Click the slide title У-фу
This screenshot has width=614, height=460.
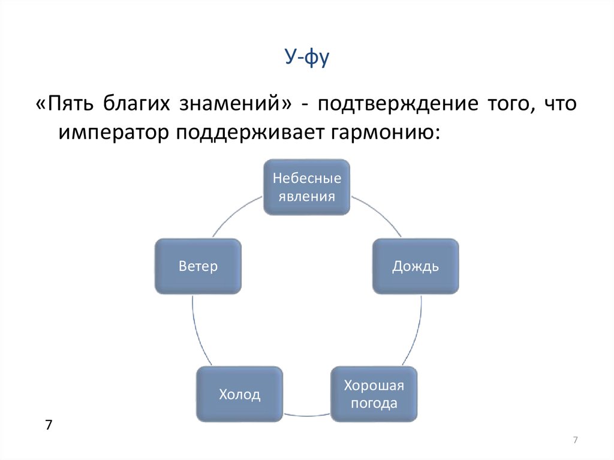coord(306,57)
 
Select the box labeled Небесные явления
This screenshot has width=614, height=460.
coord(306,187)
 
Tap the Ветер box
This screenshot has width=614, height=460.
coord(198,266)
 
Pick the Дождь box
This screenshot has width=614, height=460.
coord(416,266)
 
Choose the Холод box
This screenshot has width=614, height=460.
coord(239,394)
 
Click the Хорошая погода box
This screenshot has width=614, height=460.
coord(374,394)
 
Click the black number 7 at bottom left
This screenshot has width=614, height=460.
coord(49,425)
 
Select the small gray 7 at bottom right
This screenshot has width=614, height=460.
coord(575,440)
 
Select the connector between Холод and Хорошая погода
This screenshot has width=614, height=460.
coord(306,415)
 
